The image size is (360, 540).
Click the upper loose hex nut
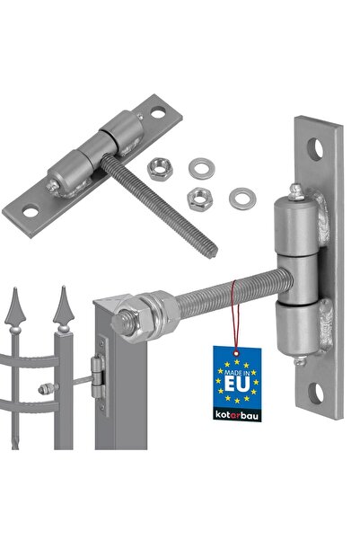coord(160,169)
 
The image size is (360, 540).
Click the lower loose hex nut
coord(199,199)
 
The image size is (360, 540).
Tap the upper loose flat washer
coord(202,168)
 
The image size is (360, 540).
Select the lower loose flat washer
coord(242,199)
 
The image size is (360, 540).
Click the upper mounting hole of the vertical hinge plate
coord(316,149)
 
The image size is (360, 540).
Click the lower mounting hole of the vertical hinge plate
coord(316,393)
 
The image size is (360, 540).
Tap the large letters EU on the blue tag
coord(237,384)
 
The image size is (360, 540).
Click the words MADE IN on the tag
coord(237,372)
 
